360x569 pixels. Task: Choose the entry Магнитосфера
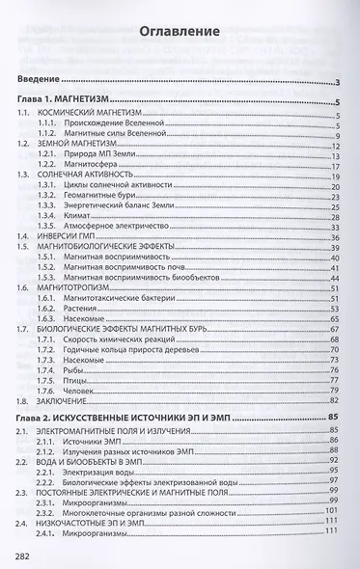[93, 163]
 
